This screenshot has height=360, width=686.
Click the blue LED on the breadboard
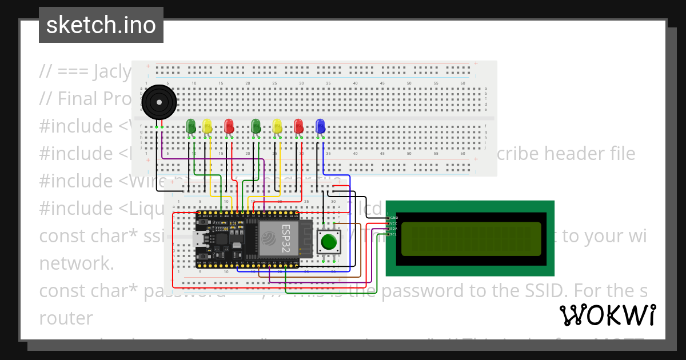click(320, 126)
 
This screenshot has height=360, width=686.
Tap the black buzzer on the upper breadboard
click(158, 103)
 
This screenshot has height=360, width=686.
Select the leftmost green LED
click(191, 126)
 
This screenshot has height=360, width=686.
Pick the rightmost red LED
click(298, 126)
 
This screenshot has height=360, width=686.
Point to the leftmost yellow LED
click(207, 126)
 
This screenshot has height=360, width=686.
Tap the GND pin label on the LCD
click(394, 218)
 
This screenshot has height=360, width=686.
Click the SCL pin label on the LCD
click(394, 234)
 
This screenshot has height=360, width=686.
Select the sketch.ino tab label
click(101, 25)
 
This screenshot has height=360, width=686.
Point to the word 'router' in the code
click(66, 318)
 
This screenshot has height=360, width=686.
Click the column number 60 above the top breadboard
click(462, 83)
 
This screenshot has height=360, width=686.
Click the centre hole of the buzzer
click(158, 103)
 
